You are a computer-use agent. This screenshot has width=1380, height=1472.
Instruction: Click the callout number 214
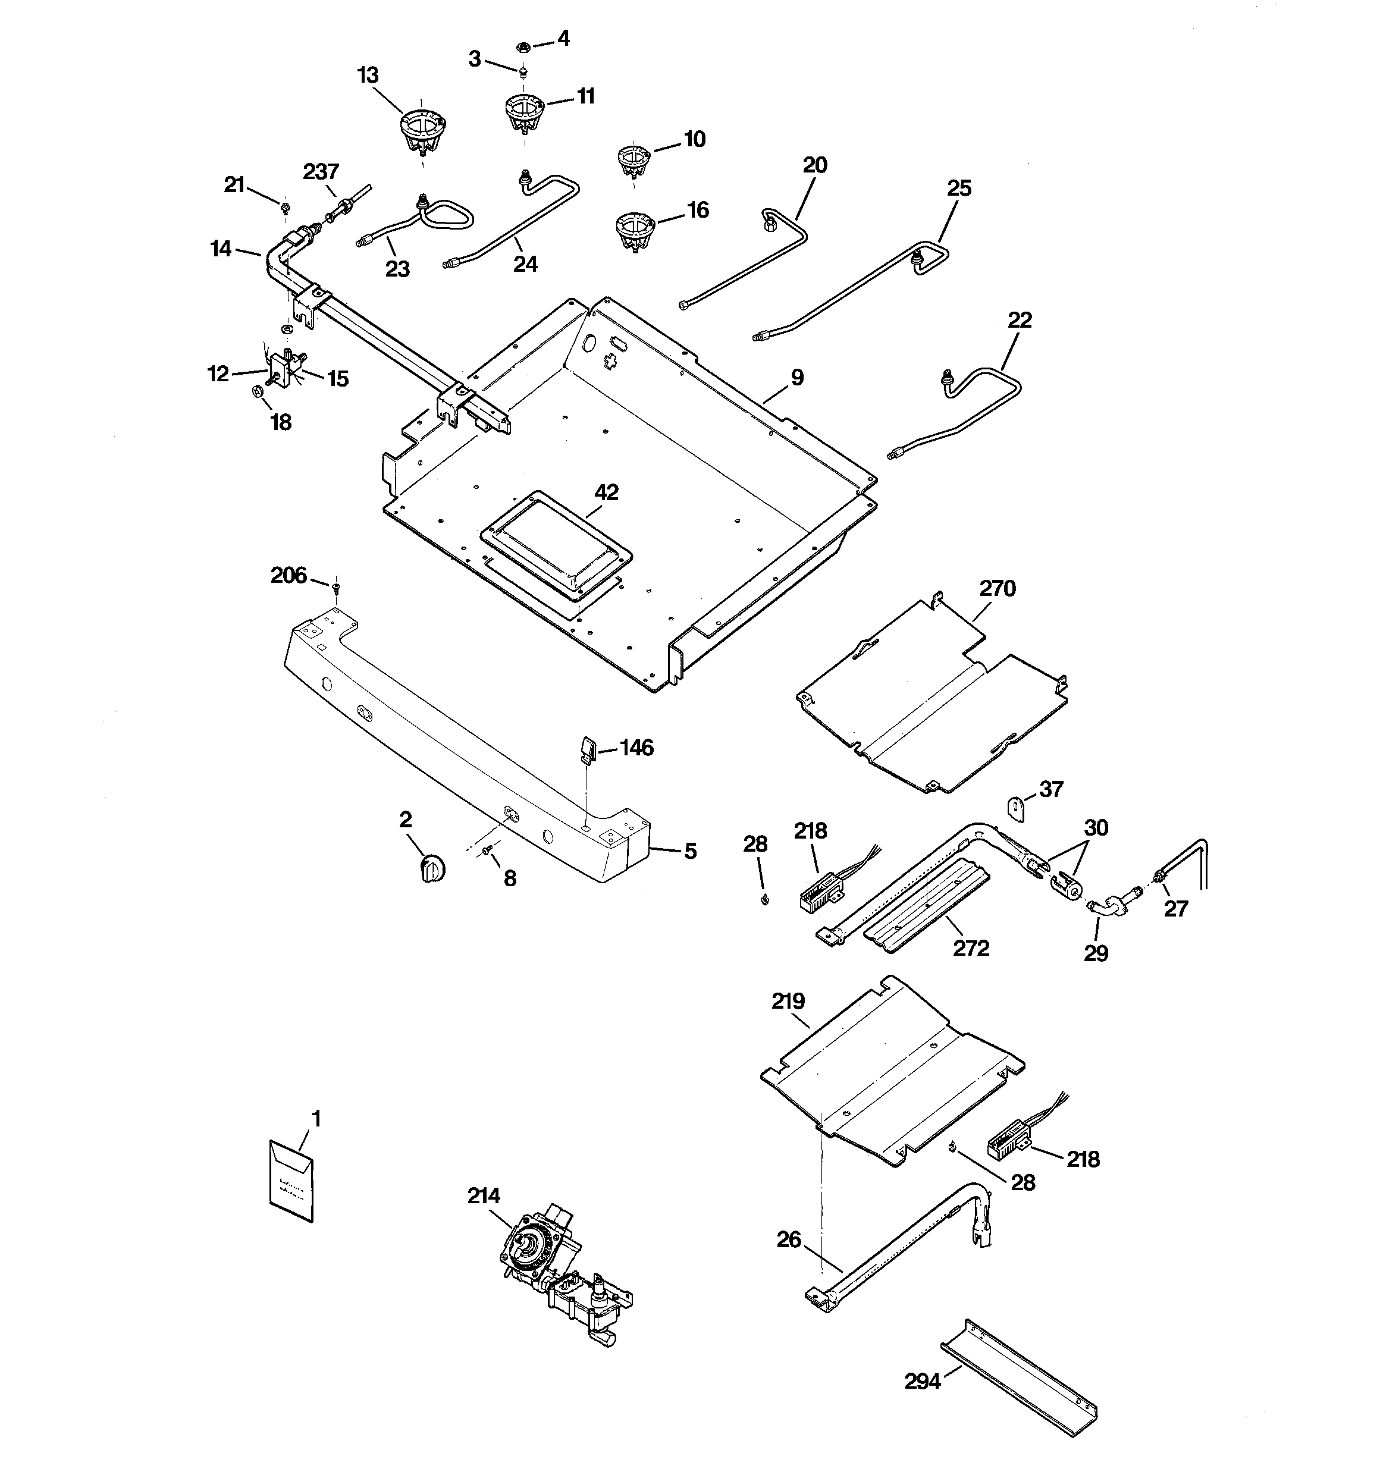484,1196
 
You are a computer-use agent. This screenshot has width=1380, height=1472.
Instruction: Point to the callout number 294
922,1381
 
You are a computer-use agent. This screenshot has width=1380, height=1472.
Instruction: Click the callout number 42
607,492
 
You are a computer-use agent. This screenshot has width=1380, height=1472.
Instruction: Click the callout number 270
997,589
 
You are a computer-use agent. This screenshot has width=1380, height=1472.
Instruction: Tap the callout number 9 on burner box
796,378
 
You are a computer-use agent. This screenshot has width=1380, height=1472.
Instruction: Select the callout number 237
321,172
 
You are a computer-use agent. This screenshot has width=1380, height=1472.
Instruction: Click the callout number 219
788,1001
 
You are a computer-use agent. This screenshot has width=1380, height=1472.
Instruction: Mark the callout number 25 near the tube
958,188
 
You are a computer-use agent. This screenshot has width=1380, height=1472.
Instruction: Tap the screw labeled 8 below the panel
487,853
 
